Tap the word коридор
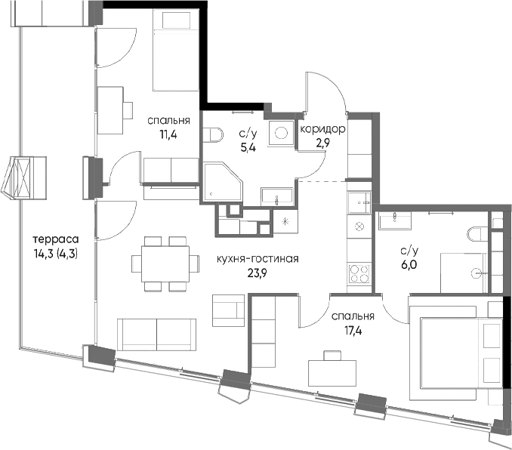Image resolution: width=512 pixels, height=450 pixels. (322, 129)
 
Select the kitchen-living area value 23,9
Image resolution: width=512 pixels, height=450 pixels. (258, 273)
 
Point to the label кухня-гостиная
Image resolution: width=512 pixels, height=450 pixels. (258, 259)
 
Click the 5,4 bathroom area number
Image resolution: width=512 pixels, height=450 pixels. (248, 148)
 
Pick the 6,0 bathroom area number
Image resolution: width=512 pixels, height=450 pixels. (409, 265)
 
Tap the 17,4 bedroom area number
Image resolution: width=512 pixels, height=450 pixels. (353, 331)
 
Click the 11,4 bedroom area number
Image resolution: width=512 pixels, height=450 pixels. (168, 134)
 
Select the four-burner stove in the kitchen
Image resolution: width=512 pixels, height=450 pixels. (359, 273)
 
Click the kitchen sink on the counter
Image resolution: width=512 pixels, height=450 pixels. (359, 202)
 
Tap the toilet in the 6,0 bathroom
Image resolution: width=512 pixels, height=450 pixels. (477, 235)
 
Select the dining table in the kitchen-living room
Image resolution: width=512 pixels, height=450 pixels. (165, 264)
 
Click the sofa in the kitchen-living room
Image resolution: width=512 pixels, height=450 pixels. (157, 334)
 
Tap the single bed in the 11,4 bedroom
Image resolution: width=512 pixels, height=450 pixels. (176, 50)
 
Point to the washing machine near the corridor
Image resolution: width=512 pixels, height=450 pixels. (281, 133)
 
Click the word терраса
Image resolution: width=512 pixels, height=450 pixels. (56, 239)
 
